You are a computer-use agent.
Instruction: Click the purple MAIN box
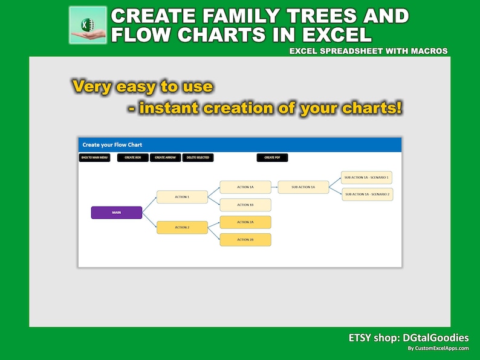click(117, 213)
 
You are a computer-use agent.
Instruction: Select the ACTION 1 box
click(182, 197)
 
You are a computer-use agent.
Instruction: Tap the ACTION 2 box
click(182, 228)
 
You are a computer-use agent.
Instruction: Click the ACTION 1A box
click(245, 187)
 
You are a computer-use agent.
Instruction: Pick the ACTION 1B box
click(245, 205)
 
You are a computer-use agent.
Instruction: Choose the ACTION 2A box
click(245, 222)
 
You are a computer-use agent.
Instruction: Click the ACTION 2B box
click(245, 240)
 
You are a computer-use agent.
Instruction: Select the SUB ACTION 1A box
click(303, 187)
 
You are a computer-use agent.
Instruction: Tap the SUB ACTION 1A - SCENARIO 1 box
click(367, 177)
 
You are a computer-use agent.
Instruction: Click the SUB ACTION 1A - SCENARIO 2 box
click(367, 194)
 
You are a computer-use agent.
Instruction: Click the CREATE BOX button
click(132, 158)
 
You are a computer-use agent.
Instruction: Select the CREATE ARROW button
click(165, 158)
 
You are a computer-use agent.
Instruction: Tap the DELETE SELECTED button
click(198, 158)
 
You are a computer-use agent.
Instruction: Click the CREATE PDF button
click(272, 158)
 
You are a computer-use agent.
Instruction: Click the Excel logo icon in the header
click(88, 25)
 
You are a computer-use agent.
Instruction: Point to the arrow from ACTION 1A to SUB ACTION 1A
click(274, 187)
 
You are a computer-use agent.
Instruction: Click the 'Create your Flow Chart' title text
click(112, 145)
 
